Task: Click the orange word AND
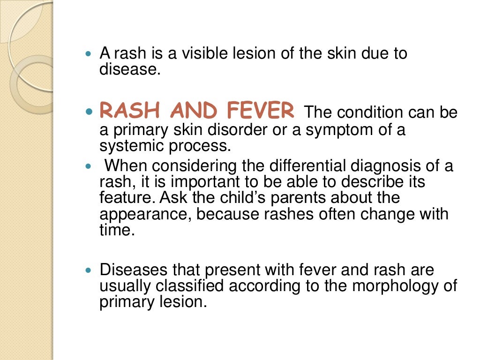[x=195, y=111]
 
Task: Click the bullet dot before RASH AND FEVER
[x=90, y=112]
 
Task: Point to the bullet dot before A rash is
[x=90, y=54]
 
